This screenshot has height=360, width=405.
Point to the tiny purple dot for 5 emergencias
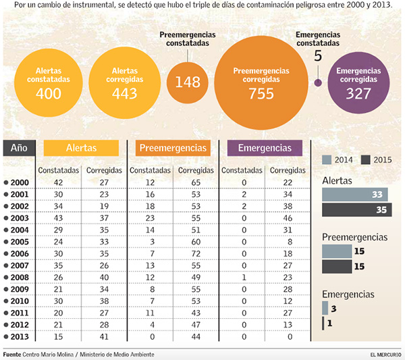point(318,83)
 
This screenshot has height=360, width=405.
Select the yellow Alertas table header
point(81,148)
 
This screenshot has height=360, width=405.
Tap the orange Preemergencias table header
point(172,148)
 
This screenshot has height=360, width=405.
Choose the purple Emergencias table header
point(265,148)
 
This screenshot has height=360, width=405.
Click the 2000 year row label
point(18,182)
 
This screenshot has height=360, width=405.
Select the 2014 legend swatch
point(327,160)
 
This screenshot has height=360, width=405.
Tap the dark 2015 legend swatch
point(367,160)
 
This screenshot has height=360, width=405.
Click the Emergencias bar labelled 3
point(325,308)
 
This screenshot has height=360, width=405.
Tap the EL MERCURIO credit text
point(385,355)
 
